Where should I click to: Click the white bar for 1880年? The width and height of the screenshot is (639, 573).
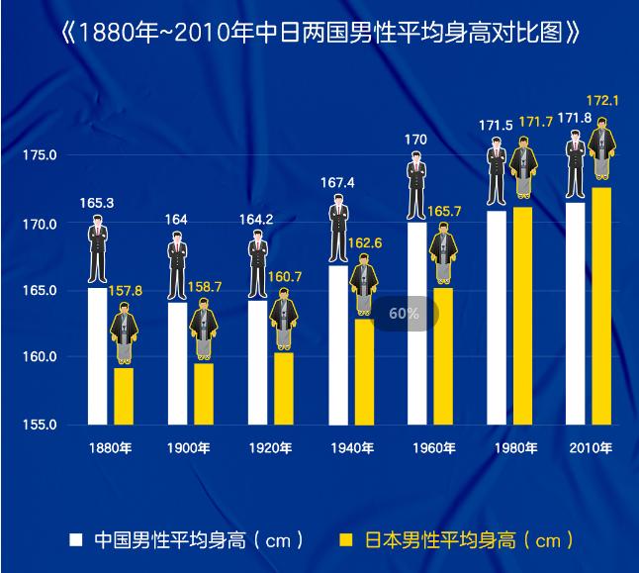(x=97, y=356)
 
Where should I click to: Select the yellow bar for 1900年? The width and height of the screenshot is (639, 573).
(x=203, y=394)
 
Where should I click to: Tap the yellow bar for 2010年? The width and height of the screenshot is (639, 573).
(x=600, y=307)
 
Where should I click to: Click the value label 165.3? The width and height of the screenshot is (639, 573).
(x=97, y=204)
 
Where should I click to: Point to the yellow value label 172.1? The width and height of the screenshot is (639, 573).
(x=602, y=101)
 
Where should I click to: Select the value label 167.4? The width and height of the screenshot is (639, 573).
(x=337, y=182)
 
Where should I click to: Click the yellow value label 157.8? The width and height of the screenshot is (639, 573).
(x=125, y=291)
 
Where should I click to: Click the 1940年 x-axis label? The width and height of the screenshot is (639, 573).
(x=351, y=448)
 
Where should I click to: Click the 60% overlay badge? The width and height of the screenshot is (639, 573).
(x=404, y=314)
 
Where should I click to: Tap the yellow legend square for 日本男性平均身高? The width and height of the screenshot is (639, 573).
(x=345, y=540)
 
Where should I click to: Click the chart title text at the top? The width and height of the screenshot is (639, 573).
(x=319, y=34)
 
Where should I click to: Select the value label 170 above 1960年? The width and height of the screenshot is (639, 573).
(x=416, y=140)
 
